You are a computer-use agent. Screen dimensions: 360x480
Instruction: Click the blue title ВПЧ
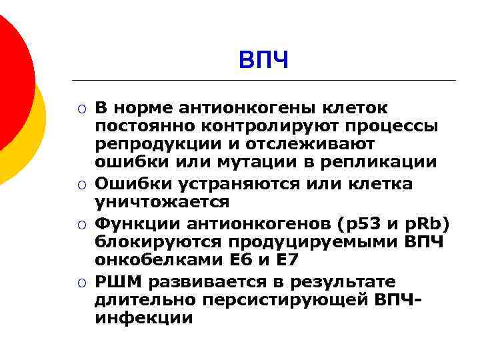[264, 61]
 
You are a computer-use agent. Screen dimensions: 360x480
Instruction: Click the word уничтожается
[162, 201]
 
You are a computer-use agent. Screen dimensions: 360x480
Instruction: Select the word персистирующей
[264, 300]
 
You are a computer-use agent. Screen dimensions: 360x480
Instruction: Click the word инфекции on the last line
[143, 318]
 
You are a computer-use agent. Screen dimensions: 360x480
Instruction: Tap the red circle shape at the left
[10, 80]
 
